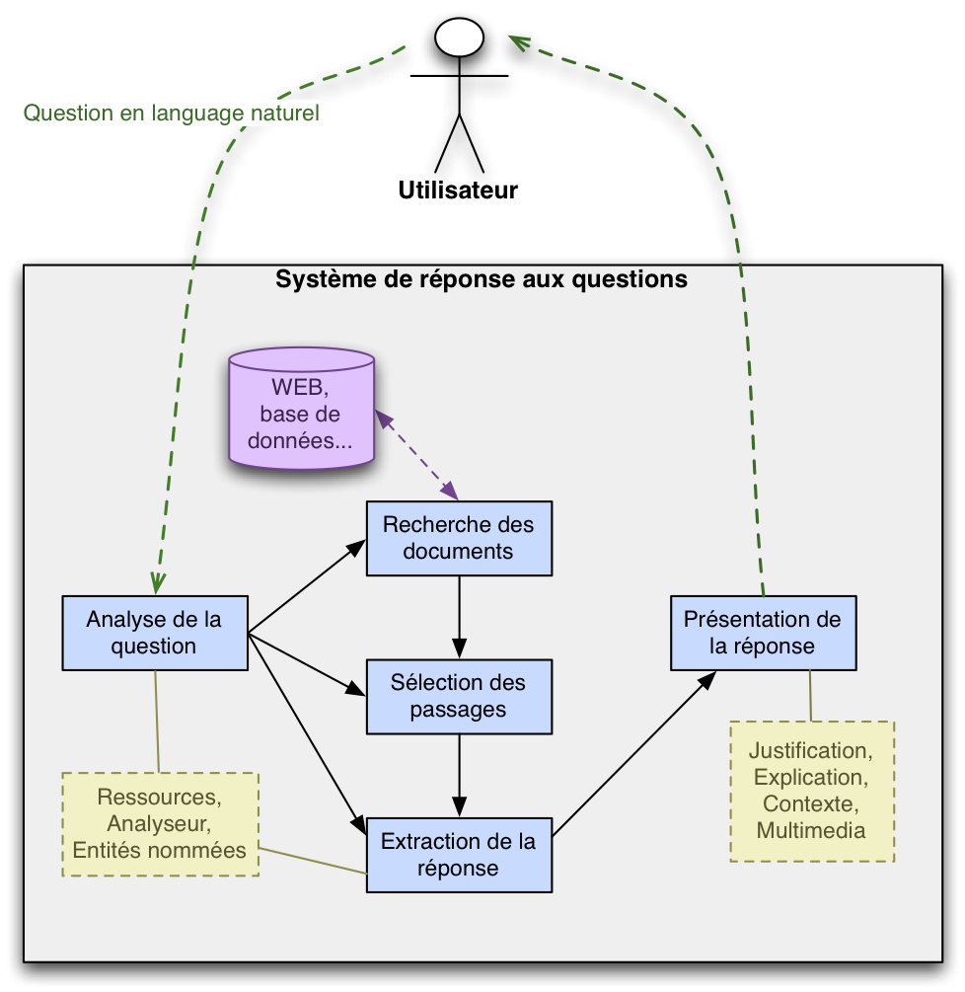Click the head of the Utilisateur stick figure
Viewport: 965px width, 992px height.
(459, 38)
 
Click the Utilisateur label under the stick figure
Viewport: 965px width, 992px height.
(458, 191)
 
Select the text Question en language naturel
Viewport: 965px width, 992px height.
(171, 114)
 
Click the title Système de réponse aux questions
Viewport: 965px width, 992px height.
(482, 279)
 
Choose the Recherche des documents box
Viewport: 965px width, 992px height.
(459, 538)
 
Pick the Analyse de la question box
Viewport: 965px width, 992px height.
(154, 633)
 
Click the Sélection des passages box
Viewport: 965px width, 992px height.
(459, 696)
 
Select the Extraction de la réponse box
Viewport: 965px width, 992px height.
(459, 855)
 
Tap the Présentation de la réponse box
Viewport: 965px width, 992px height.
(763, 633)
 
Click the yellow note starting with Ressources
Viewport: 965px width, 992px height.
(160, 823)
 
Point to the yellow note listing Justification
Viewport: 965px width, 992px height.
(812, 791)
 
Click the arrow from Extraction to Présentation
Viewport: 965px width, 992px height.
(631, 756)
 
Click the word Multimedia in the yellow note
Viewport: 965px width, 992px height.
(811, 830)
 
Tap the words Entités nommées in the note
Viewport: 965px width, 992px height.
(160, 849)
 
